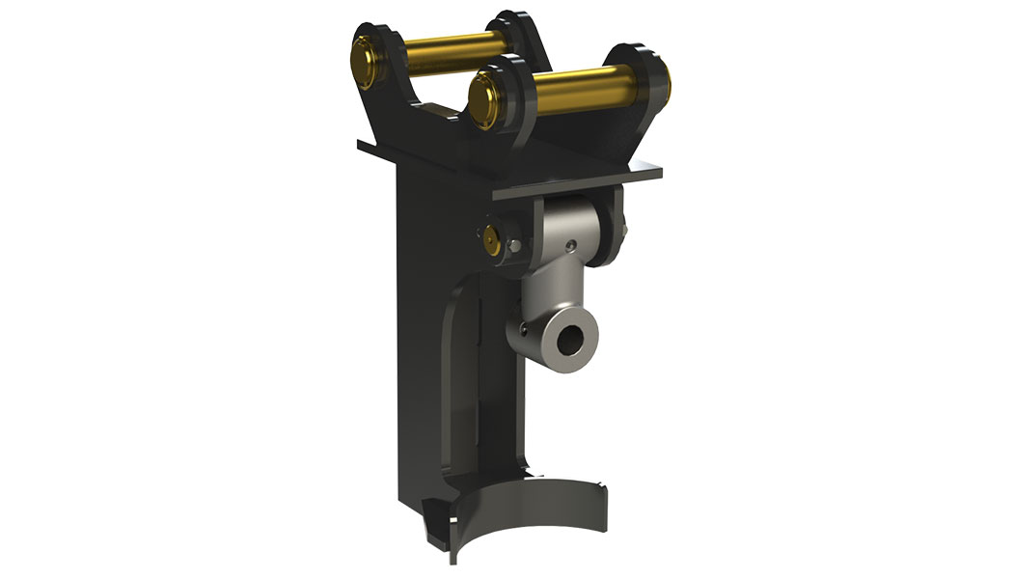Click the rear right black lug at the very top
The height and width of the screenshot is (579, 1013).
pos(529,39)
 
